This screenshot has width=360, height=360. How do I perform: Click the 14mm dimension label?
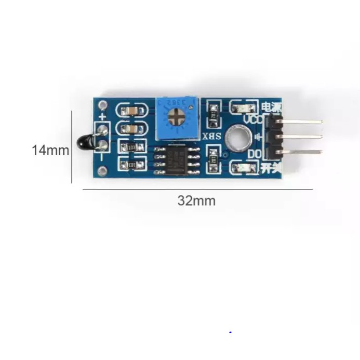coord(50,150)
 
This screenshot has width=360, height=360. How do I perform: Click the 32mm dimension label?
coord(196,201)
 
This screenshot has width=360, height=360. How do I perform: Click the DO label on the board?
coord(254,155)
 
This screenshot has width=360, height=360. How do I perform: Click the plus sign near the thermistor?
coord(103,117)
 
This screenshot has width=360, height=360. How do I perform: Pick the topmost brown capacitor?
coord(131,111)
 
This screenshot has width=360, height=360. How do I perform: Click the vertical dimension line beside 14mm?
coord(72,151)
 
